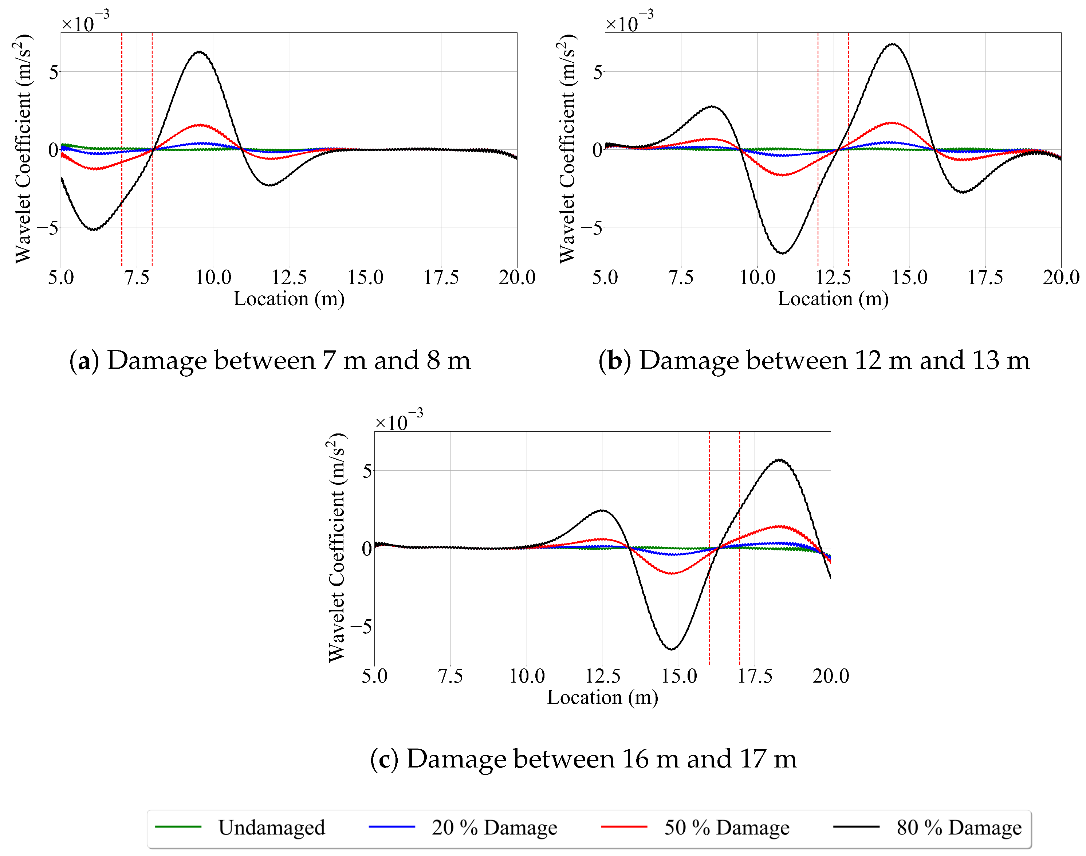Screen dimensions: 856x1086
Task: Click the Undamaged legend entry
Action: pyautogui.click(x=271, y=828)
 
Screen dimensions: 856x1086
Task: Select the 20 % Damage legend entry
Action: pyautogui.click(x=494, y=828)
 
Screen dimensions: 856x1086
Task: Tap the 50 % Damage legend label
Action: pyautogui.click(x=726, y=828)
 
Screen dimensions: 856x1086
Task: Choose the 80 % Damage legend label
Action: pyautogui.click(x=958, y=828)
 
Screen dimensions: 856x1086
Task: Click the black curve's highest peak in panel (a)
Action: pyautogui.click(x=200, y=52)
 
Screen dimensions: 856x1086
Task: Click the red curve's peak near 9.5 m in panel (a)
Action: pyautogui.click(x=200, y=125)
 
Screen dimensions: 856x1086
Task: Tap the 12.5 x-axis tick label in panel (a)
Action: pyautogui.click(x=289, y=277)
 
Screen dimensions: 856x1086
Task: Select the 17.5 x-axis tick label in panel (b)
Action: pyautogui.click(x=985, y=277)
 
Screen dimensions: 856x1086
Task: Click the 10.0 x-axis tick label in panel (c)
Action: pyautogui.click(x=527, y=676)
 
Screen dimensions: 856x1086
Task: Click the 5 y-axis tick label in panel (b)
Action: pyautogui.click(x=597, y=72)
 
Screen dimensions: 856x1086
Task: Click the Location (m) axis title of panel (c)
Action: pyautogui.click(x=602, y=698)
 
